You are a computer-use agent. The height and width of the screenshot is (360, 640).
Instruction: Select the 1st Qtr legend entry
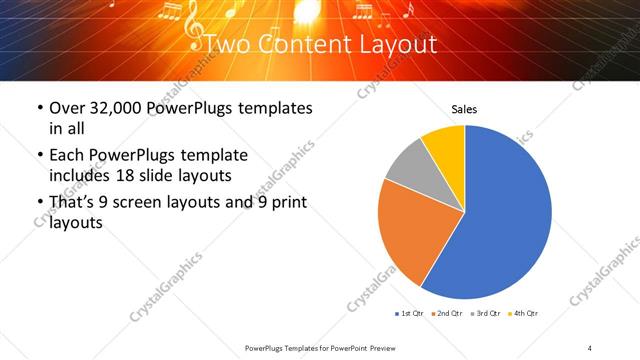410,314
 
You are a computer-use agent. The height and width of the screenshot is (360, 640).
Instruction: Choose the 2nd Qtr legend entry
446,314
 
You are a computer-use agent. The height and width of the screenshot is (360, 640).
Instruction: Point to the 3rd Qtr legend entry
485,314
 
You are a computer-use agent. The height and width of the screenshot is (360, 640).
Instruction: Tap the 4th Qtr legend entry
523,314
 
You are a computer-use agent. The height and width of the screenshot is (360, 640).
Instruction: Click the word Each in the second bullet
67,156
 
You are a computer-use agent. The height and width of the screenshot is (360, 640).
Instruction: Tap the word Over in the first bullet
67,108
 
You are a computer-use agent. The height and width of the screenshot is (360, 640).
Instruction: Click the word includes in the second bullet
83,175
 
